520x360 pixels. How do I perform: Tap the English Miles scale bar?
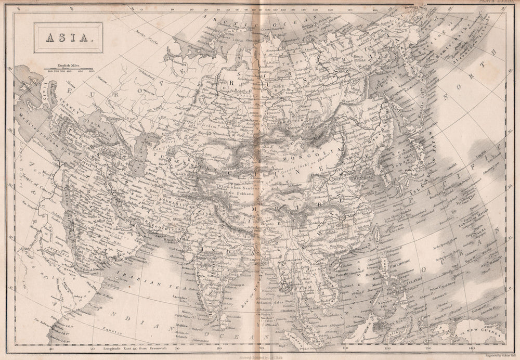[x=69, y=68]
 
